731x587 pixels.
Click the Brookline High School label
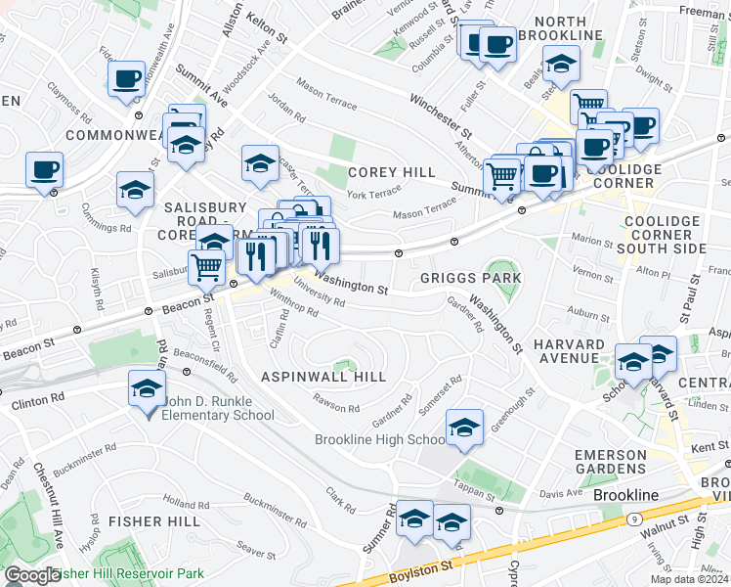pos(380,439)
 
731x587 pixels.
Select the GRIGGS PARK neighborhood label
pos(471,279)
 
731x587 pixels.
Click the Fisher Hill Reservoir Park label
pos(128,573)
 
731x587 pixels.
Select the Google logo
pos(31,575)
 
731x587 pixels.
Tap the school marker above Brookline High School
pos(464,427)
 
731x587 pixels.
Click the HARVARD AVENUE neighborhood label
pos(568,352)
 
